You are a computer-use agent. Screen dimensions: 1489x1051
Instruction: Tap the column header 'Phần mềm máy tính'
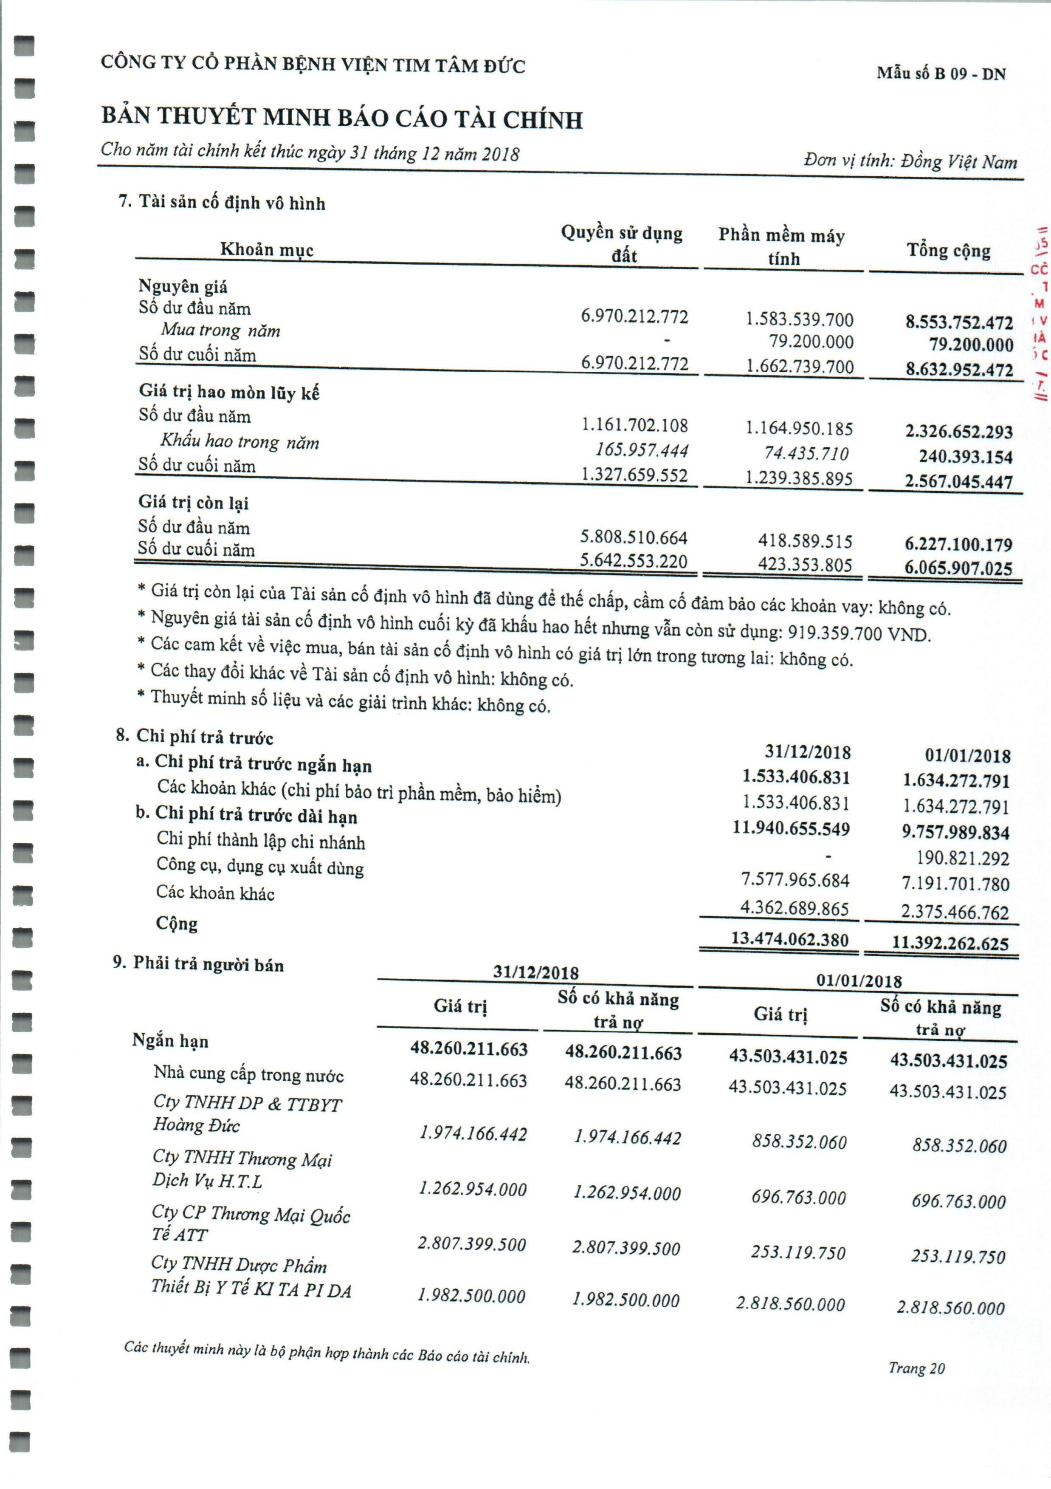pyautogui.click(x=782, y=246)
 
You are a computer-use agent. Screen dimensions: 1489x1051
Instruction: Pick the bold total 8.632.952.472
pyautogui.click(x=959, y=370)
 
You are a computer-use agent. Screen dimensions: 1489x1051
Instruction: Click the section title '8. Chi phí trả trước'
pyautogui.click(x=194, y=736)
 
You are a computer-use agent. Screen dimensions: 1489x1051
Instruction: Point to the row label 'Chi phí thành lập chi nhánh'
pyautogui.click(x=261, y=841)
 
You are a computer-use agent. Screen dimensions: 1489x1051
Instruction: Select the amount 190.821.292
pyautogui.click(x=963, y=858)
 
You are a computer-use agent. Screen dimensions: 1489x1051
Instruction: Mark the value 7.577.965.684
pyautogui.click(x=795, y=880)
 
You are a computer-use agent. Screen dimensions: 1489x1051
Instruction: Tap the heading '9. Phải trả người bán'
pyautogui.click(x=198, y=964)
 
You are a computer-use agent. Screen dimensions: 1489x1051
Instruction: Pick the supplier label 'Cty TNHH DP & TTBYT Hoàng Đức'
pyautogui.click(x=246, y=1113)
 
